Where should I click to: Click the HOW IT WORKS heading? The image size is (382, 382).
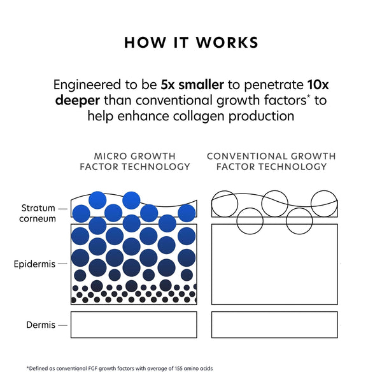point(191,43)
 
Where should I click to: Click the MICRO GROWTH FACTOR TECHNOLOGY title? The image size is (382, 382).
point(134,161)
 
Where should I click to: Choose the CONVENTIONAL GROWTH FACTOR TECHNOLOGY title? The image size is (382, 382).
point(271,161)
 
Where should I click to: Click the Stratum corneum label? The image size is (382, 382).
point(39,213)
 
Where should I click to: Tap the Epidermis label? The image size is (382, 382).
point(34,264)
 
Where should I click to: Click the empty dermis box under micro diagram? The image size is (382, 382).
point(133,325)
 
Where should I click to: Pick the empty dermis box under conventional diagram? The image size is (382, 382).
point(274,325)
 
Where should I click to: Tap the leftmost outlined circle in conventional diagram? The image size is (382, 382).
point(225,204)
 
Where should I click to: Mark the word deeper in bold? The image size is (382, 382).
point(77,101)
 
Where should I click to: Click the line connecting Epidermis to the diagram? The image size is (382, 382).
point(64,264)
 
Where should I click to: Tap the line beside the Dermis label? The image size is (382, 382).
point(62,325)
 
